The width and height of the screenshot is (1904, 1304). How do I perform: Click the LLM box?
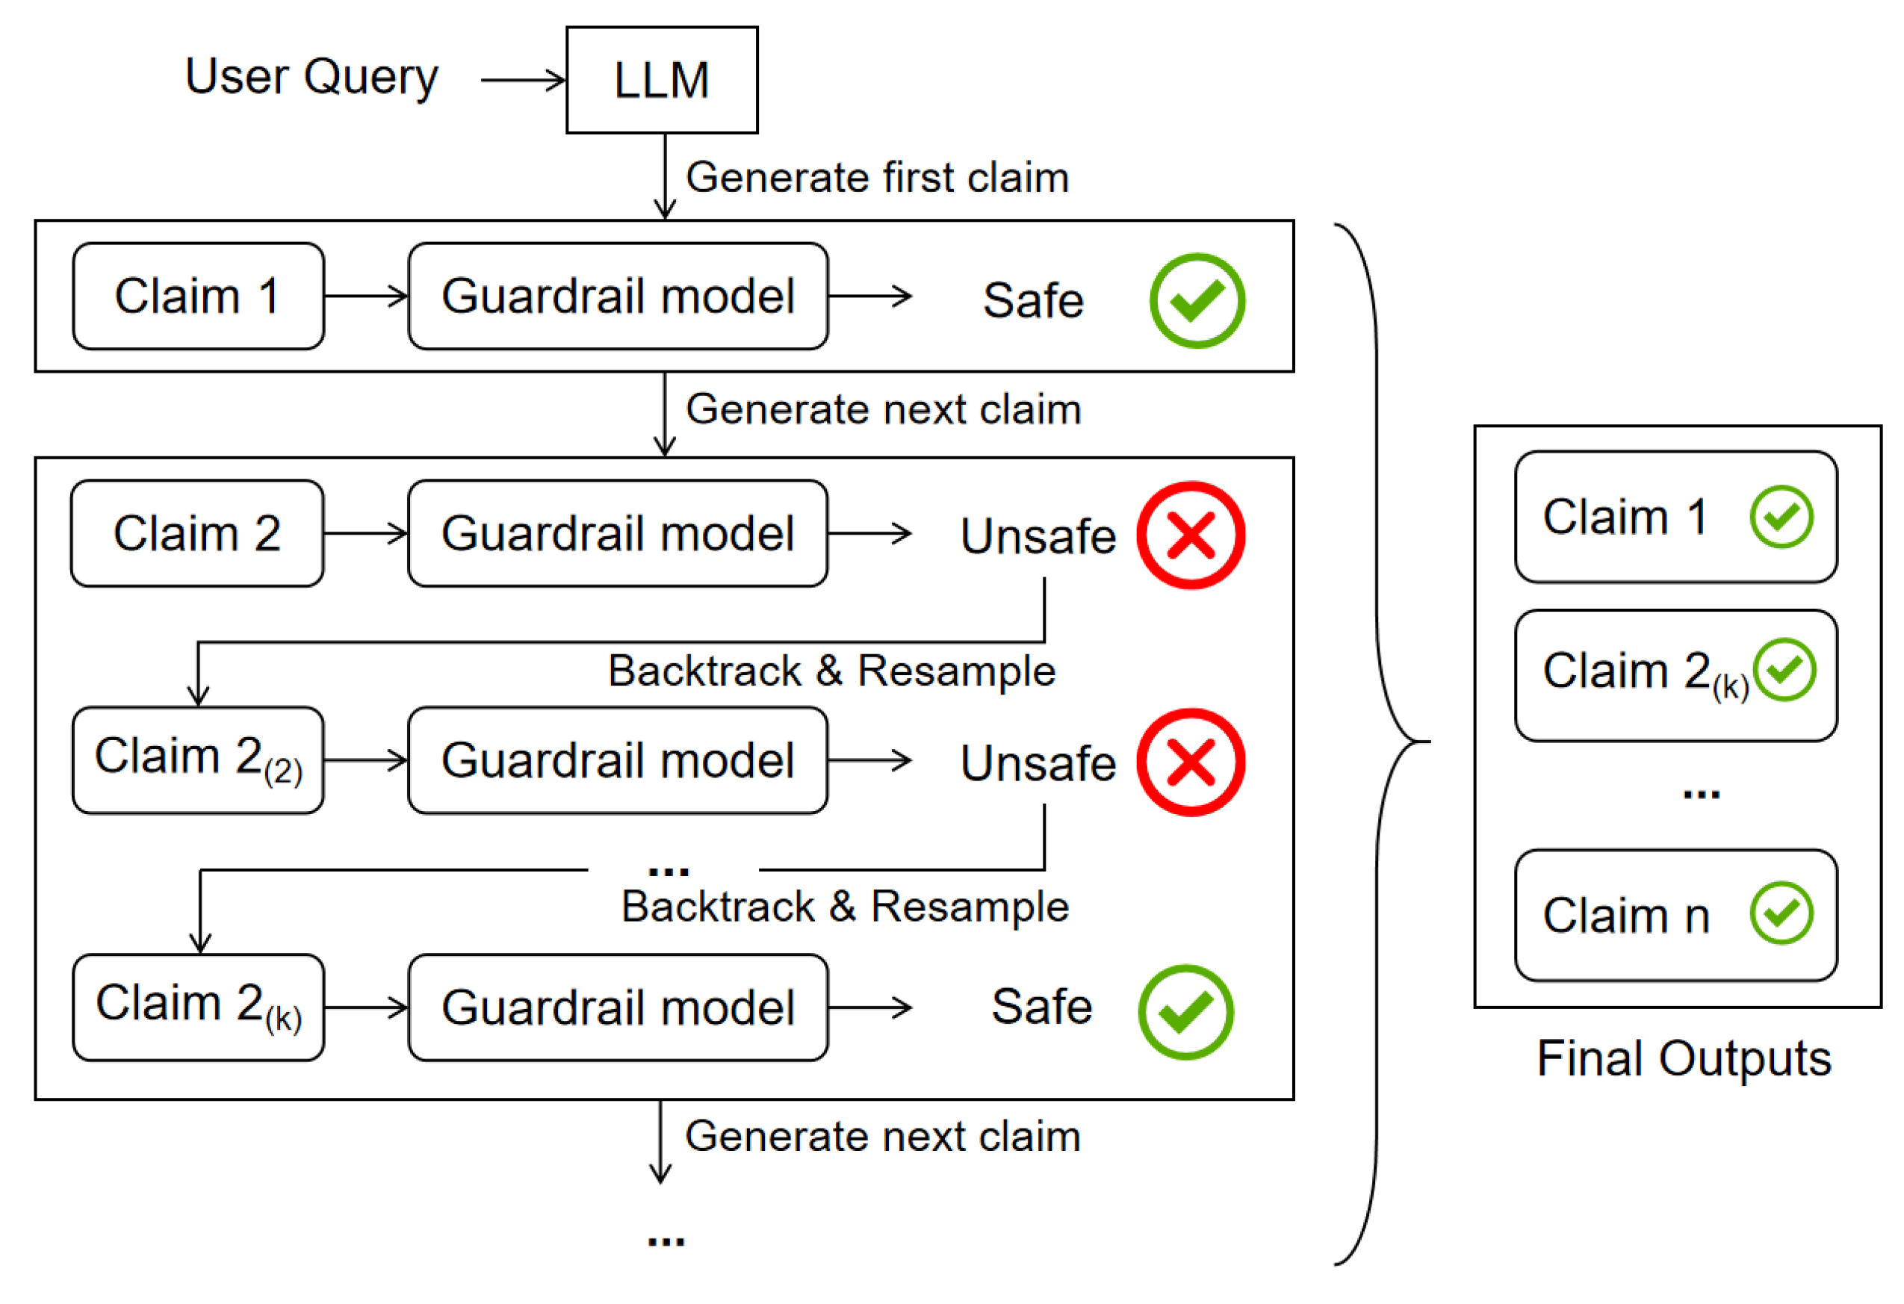(662, 80)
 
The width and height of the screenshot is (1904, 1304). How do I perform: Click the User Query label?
(311, 78)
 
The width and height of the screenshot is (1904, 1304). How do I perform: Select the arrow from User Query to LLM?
(523, 80)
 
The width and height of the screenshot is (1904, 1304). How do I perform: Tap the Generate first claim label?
(877, 178)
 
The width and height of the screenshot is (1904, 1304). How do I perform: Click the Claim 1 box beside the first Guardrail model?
(198, 296)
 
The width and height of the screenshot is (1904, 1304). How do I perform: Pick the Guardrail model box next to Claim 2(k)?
(618, 1008)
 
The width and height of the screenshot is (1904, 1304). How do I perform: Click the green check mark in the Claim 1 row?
(1197, 301)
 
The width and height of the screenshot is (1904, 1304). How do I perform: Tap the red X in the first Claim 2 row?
(1191, 535)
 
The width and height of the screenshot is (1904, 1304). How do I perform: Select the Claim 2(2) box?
(198, 761)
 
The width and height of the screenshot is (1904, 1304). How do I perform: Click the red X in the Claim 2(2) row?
(1191, 763)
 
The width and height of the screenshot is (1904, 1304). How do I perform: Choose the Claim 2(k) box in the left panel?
(198, 1008)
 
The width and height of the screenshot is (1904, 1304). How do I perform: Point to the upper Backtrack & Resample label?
(831, 671)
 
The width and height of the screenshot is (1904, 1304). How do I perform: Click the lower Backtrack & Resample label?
(845, 907)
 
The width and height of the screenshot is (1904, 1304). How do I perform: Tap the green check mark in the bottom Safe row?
(1185, 1013)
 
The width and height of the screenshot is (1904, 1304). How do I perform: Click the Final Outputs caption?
(1684, 1059)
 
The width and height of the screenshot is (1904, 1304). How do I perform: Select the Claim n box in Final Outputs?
(1675, 916)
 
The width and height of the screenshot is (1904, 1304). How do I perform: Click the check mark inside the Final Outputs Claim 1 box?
(1781, 517)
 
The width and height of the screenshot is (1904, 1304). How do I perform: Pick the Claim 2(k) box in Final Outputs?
(1675, 676)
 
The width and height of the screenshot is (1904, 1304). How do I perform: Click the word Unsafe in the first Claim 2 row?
(1038, 536)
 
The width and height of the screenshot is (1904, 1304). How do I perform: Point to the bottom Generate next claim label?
(882, 1137)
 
